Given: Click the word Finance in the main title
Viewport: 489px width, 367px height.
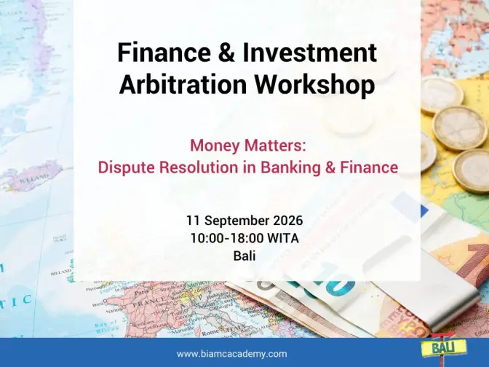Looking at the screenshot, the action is pos(164,52).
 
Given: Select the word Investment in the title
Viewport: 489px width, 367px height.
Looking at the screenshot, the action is pos(310,52).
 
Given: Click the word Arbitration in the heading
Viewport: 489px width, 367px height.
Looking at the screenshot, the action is pos(183,84).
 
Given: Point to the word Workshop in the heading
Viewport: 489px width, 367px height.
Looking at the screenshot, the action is pos(315,85).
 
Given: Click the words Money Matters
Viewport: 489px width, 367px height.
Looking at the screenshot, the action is pos(248,146).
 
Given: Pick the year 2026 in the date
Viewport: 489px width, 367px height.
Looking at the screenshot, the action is pos(288,221).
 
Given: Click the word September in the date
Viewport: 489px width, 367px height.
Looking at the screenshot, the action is pos(236,221).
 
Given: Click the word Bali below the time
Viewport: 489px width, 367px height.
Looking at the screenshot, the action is pos(244,256).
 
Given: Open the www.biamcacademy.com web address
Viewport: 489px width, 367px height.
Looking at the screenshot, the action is pos(231,354).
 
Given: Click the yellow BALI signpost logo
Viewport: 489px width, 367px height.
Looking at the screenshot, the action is pos(443,347).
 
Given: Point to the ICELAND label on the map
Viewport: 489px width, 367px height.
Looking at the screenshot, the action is pos(34,179).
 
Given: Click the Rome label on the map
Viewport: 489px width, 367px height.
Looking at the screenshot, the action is pos(210,333).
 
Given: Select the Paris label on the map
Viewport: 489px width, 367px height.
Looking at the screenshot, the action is pos(141,293).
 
